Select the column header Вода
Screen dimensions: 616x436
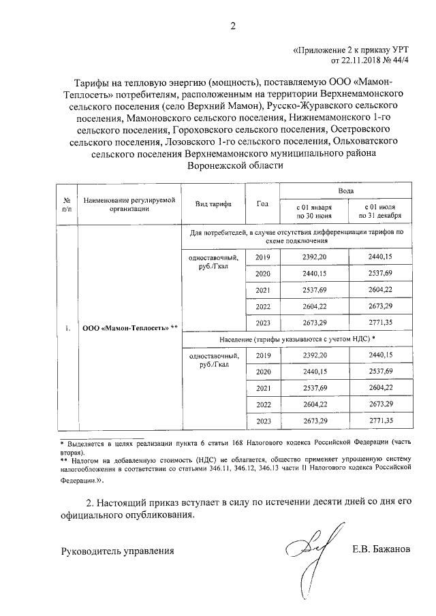tap(345, 193)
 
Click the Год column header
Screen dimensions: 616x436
tap(262, 204)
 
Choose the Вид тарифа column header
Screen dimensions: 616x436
tap(213, 204)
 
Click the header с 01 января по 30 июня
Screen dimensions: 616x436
tap(313, 211)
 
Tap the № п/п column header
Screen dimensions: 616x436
tap(67, 204)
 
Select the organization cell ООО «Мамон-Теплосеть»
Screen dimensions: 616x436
tap(129, 328)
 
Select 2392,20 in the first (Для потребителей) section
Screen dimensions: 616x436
tap(313, 257)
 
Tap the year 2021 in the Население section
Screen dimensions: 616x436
tap(262, 387)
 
